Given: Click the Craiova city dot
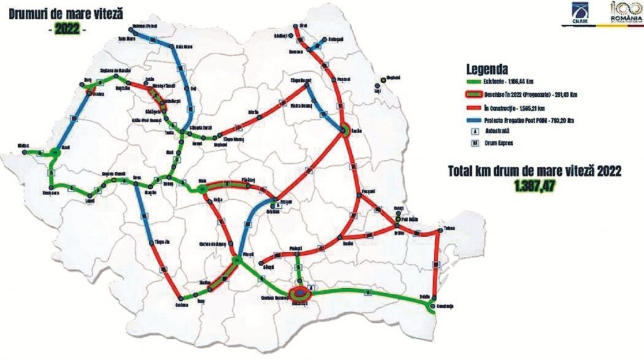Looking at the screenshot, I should [182, 299].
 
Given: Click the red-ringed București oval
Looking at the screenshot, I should [301, 293].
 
